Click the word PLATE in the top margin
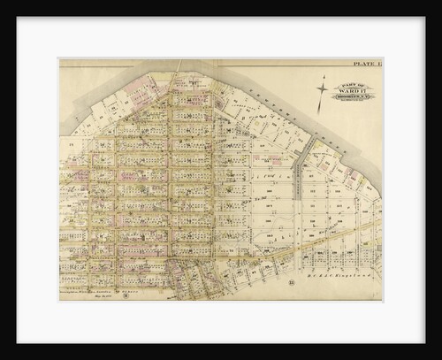pos(363,64)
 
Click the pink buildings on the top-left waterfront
pos(133,88)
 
